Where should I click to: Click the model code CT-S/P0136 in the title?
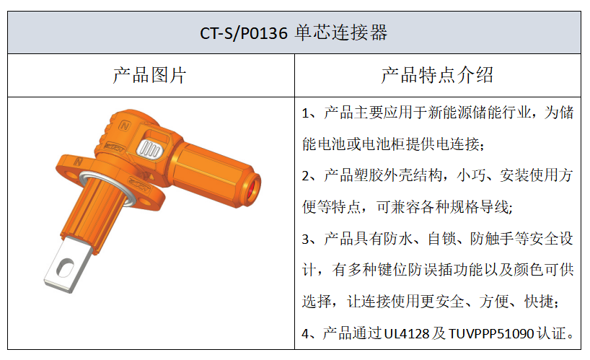coord(244,33)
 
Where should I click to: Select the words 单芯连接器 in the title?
coord(341,32)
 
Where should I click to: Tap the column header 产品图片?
coord(149,75)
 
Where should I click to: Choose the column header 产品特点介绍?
coord(437,75)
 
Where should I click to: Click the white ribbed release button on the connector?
coord(149,149)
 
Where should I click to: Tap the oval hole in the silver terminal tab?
coord(65,267)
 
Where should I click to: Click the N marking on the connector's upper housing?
coord(125,126)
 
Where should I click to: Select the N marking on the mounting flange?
coord(78,162)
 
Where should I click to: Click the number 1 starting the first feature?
coord(305,113)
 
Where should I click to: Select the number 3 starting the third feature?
coord(306,240)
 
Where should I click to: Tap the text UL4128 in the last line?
coord(407,333)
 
